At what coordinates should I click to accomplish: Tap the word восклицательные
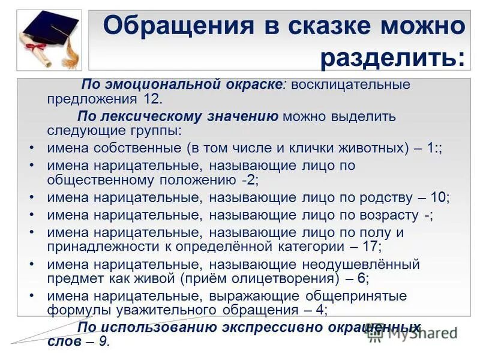tap(351, 85)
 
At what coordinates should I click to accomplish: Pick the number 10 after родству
tap(440, 197)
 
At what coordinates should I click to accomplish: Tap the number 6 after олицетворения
tap(361, 278)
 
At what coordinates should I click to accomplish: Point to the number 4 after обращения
tap(320, 310)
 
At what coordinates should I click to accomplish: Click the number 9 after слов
tap(104, 341)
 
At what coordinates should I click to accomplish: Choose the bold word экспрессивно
tap(259, 327)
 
